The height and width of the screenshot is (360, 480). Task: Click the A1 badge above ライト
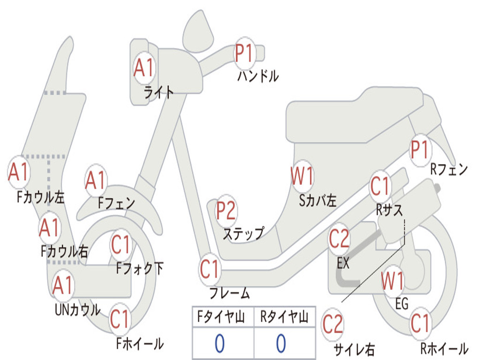click(144, 67)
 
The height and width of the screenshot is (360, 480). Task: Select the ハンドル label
click(258, 76)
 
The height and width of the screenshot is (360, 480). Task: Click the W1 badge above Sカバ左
click(302, 176)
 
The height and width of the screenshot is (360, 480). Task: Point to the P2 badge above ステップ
click(226, 210)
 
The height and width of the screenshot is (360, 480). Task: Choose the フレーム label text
click(230, 293)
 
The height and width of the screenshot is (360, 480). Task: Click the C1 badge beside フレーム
click(210, 269)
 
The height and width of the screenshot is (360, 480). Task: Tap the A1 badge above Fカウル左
click(19, 172)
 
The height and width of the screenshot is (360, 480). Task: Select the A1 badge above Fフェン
click(96, 180)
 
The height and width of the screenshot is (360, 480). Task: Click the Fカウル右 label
click(64, 252)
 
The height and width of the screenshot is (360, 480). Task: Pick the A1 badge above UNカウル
click(62, 285)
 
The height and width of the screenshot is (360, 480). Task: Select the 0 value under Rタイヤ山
click(281, 343)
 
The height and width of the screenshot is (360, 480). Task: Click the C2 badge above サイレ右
click(333, 324)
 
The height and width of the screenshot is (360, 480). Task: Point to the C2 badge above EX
click(339, 239)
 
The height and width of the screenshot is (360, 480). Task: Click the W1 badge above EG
click(393, 281)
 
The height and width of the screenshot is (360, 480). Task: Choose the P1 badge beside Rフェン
click(420, 150)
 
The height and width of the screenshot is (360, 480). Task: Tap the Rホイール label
click(444, 348)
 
